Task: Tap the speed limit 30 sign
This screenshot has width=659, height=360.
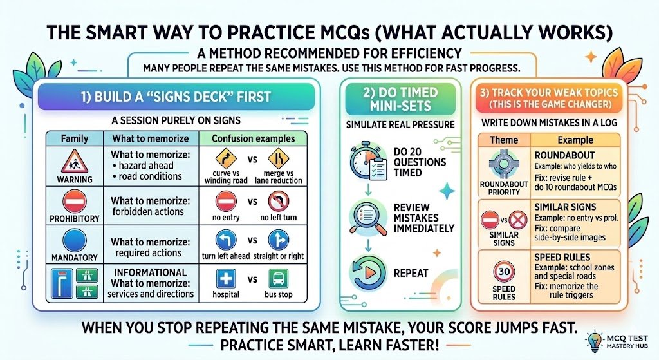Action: [x=504, y=272]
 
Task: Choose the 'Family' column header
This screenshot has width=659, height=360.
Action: [x=75, y=138]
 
